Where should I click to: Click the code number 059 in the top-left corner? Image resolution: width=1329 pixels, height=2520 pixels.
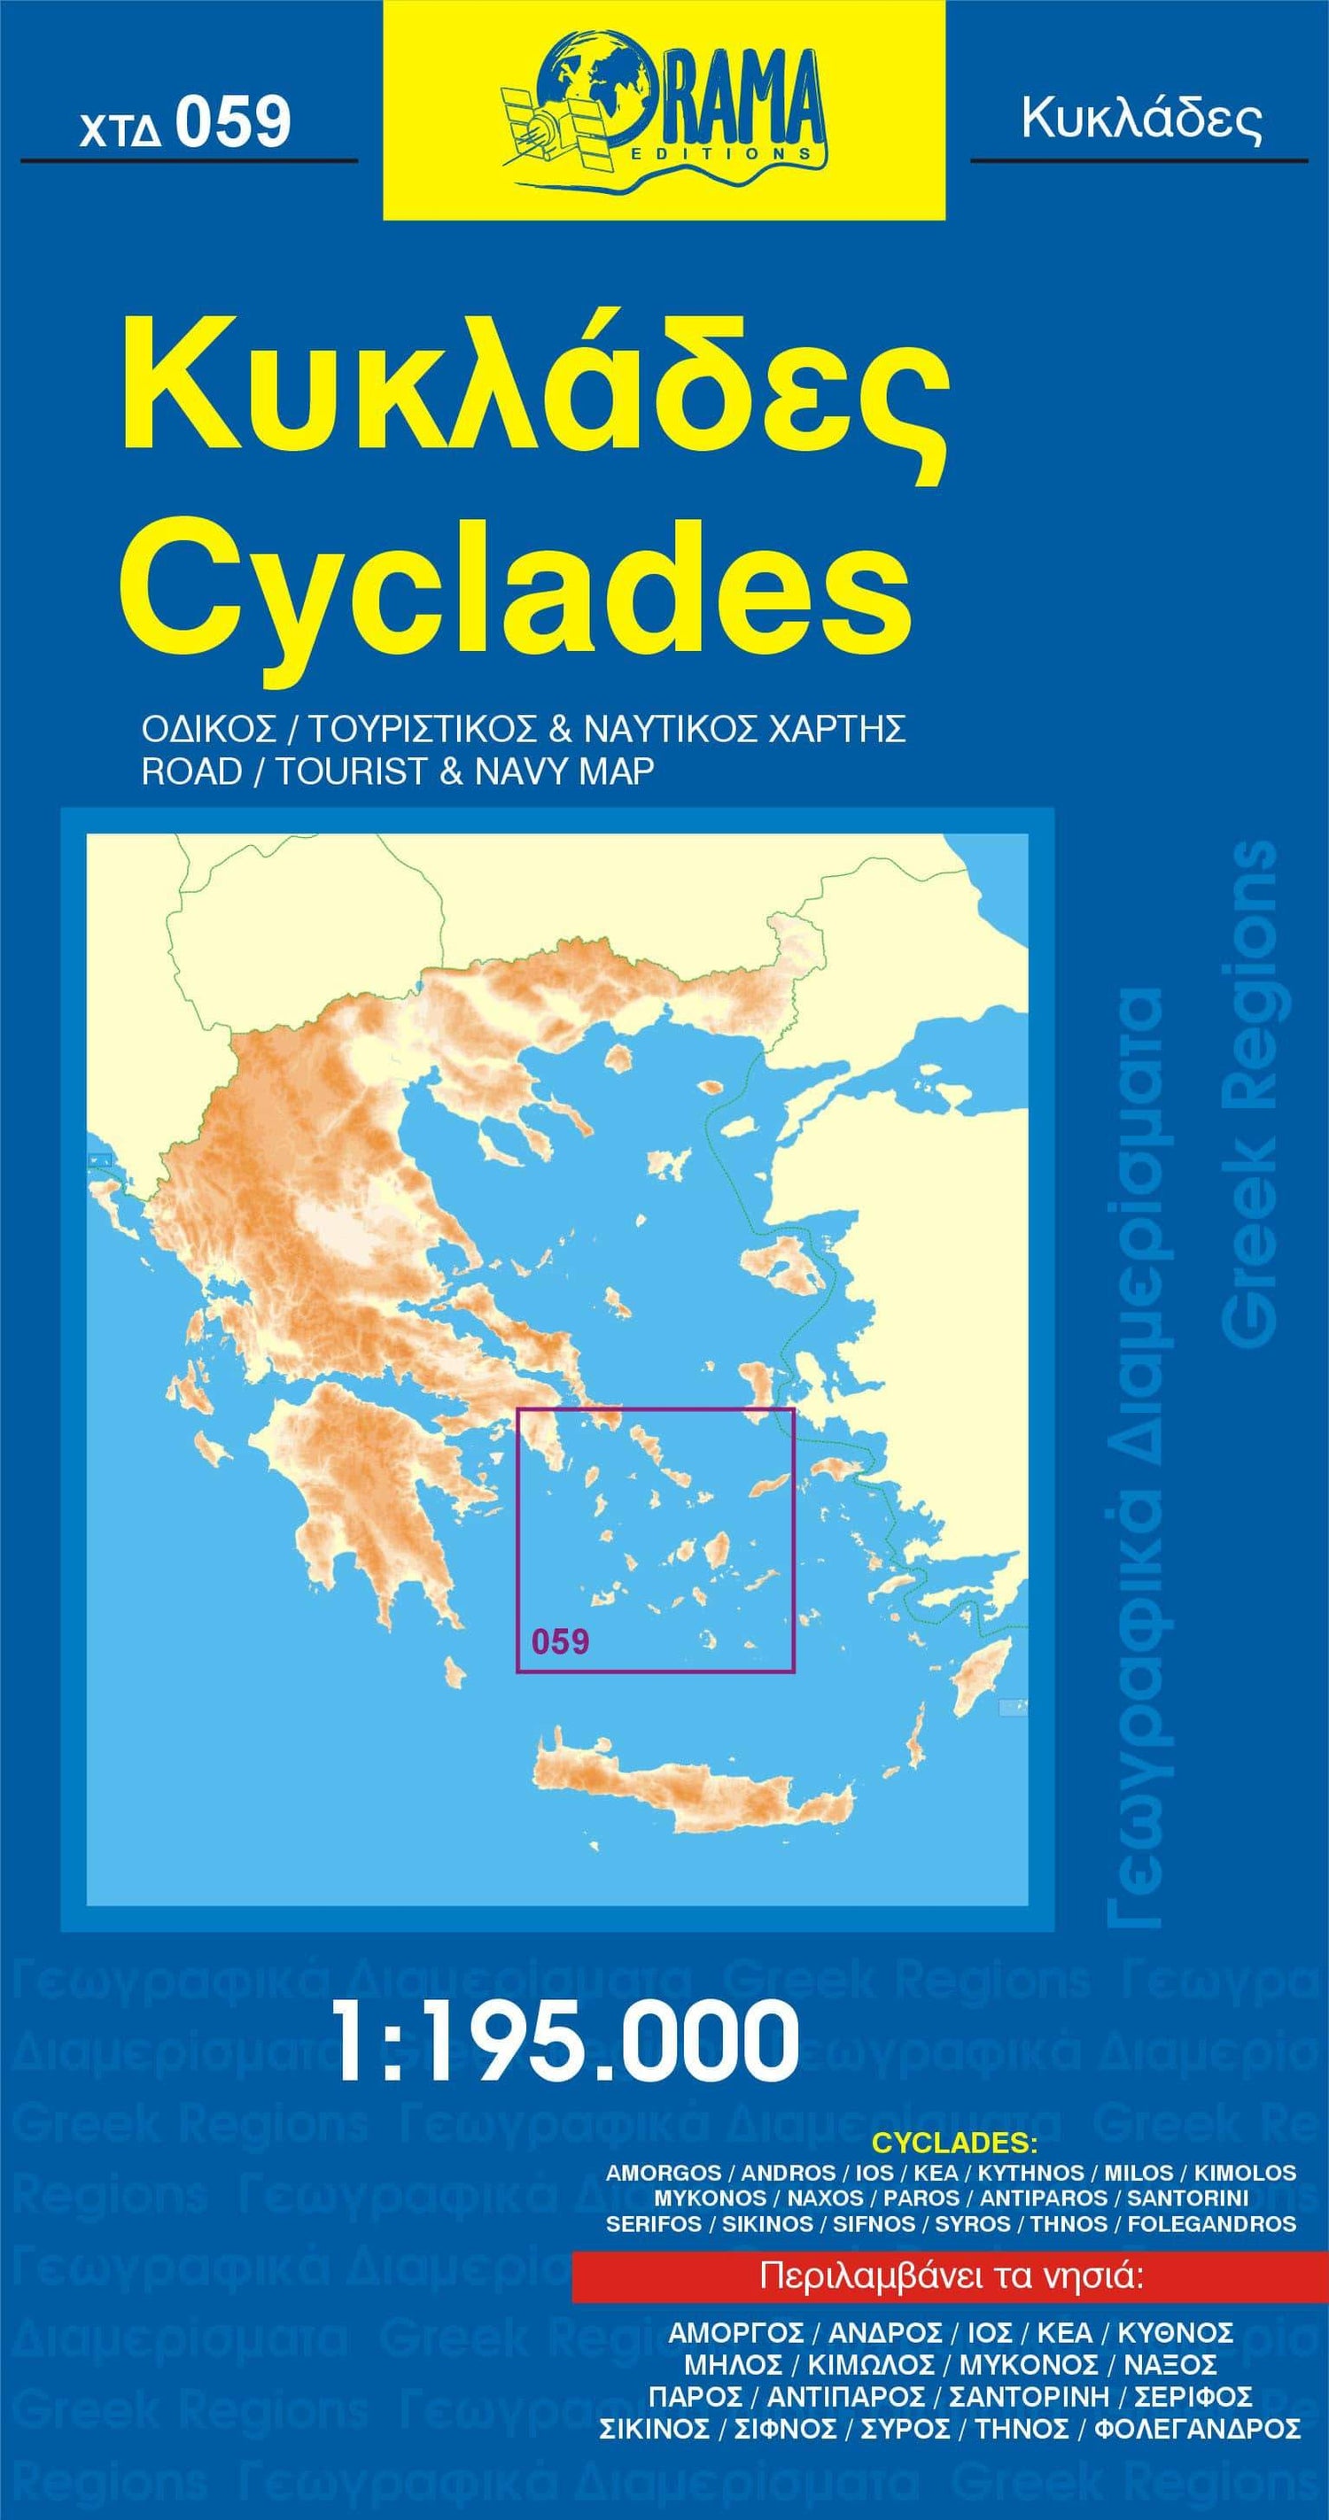[x=233, y=124]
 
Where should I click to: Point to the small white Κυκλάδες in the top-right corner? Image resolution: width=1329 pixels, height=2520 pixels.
[x=1140, y=120]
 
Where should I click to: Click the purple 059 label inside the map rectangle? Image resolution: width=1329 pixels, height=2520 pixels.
[x=561, y=1641]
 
